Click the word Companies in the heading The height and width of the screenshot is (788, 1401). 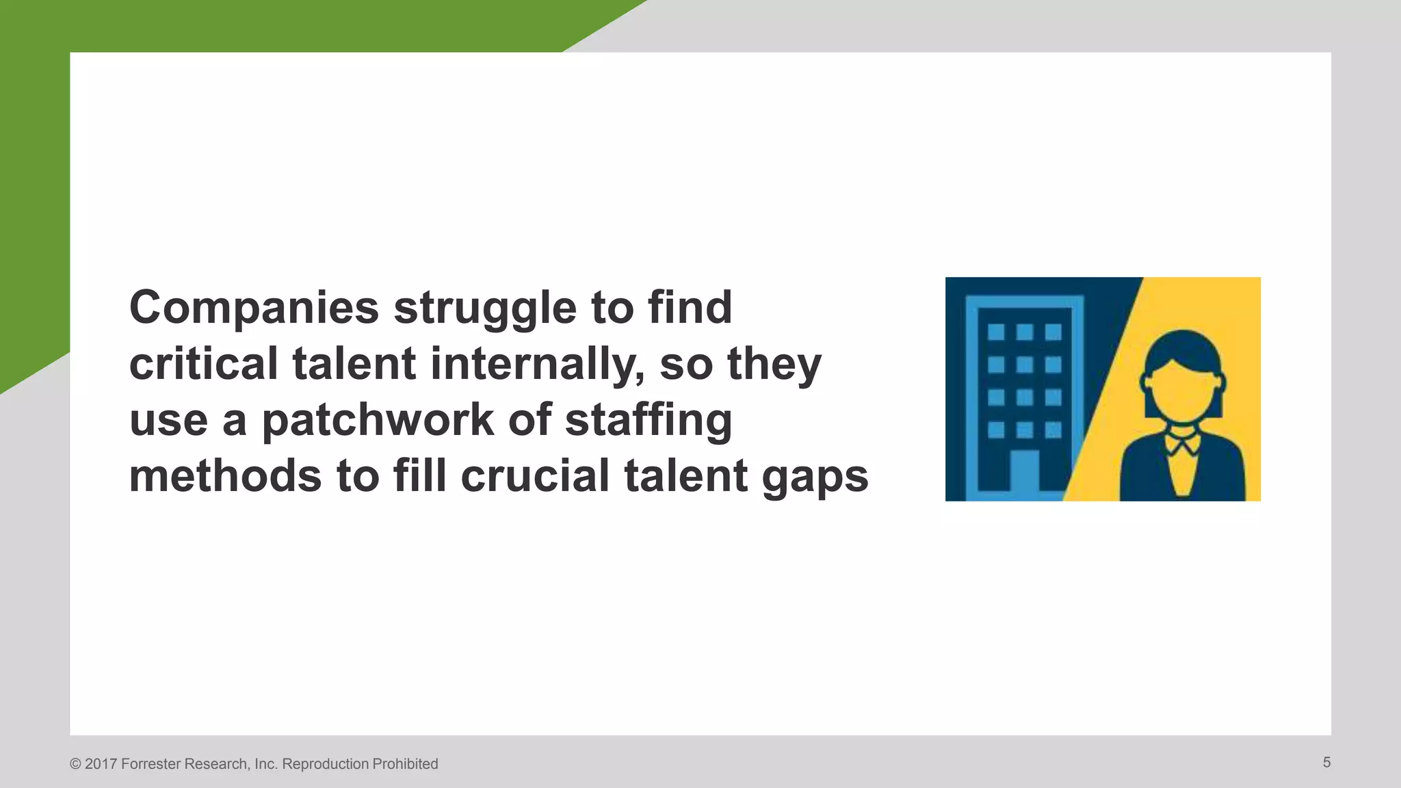click(254, 308)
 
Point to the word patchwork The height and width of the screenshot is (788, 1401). click(378, 420)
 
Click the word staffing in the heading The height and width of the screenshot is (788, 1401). click(649, 420)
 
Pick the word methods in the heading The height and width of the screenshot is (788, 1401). click(225, 476)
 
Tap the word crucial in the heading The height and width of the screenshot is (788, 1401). click(535, 476)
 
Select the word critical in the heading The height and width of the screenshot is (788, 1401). click(204, 364)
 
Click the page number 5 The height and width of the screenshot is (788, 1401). click(1326, 763)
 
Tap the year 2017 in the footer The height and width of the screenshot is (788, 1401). click(101, 764)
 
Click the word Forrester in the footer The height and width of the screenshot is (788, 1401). click(150, 764)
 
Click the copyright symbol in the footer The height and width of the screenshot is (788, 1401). click(75, 764)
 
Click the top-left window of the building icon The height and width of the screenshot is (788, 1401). click(996, 332)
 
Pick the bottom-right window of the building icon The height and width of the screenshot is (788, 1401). click(1053, 430)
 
